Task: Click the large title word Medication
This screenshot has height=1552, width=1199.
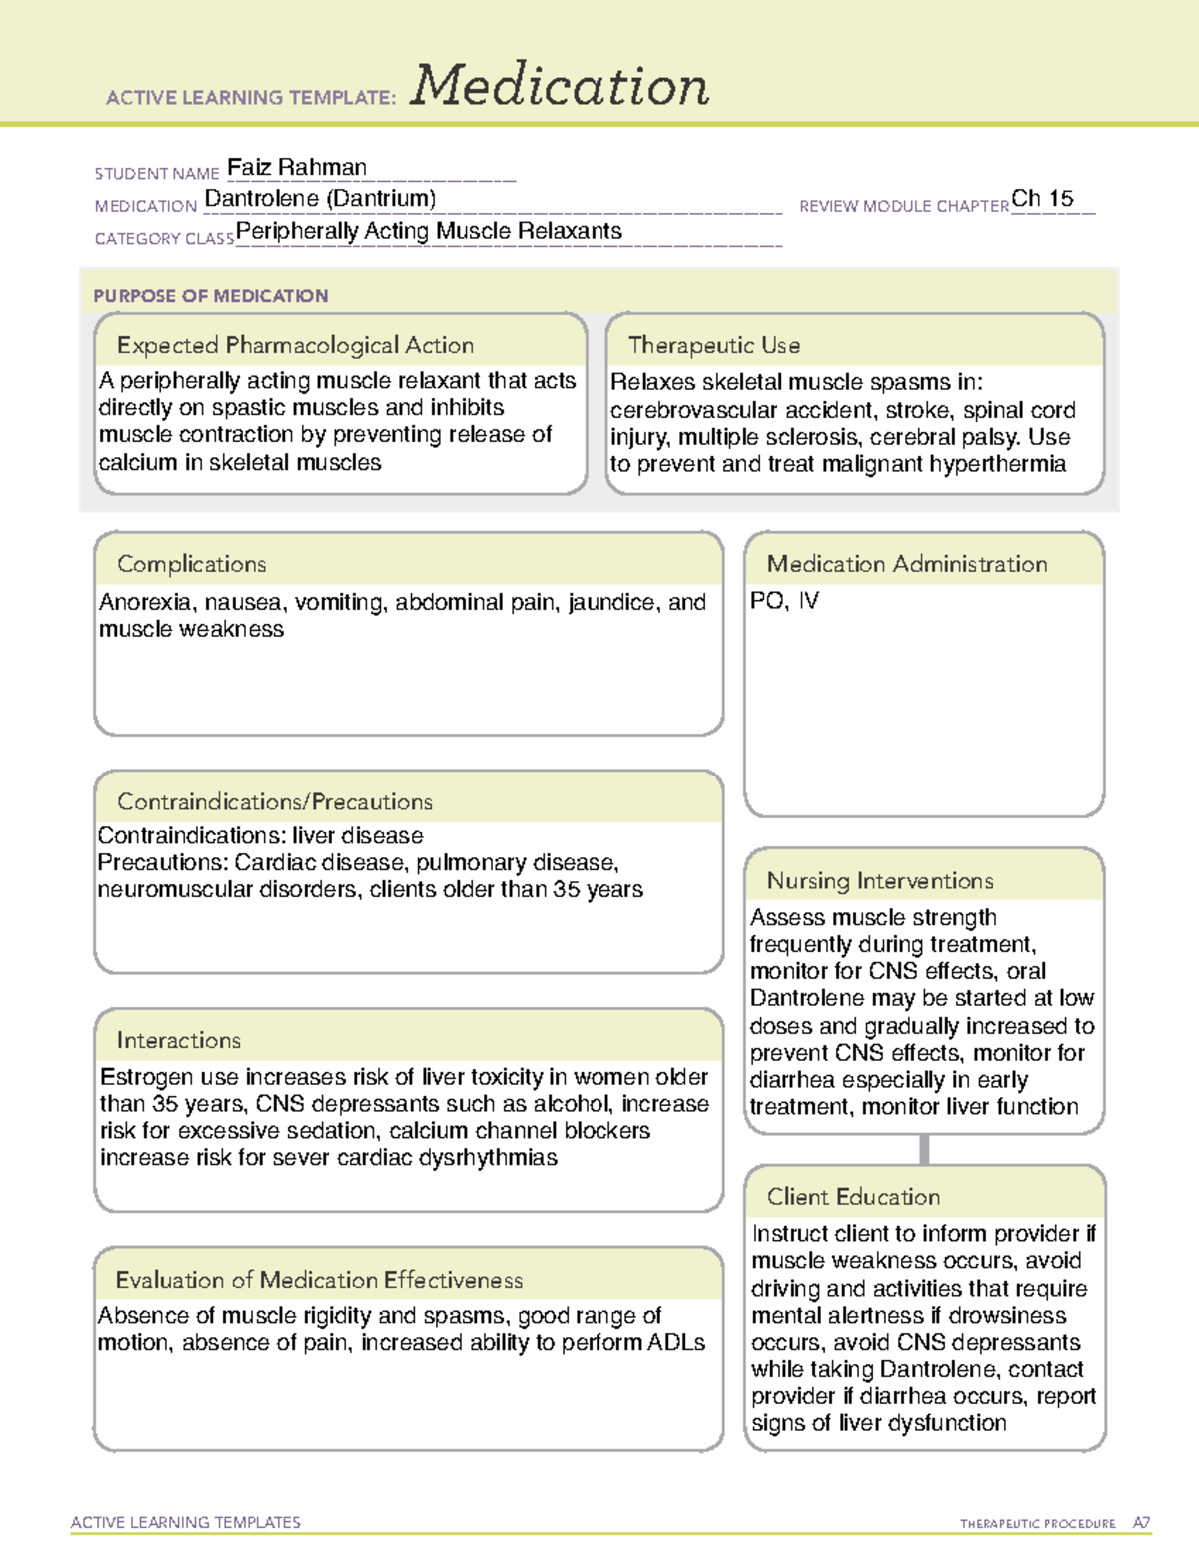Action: [560, 86]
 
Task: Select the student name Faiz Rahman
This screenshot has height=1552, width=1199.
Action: [297, 167]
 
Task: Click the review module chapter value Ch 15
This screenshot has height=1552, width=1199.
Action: [1042, 198]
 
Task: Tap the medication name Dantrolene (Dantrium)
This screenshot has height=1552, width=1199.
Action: [320, 199]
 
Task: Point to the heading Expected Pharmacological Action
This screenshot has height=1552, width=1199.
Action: [295, 345]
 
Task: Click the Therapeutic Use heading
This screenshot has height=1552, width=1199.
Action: [713, 345]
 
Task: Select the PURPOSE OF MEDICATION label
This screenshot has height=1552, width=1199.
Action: [210, 296]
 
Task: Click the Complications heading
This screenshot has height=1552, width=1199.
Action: [191, 564]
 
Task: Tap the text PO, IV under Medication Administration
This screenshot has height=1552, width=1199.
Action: [784, 601]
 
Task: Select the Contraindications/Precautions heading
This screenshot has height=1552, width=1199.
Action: [274, 801]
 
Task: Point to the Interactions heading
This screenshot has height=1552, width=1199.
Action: [178, 1040]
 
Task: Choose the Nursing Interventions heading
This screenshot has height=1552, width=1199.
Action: [879, 880]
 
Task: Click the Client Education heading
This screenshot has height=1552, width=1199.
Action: [853, 1196]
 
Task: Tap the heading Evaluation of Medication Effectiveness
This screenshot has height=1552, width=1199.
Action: [319, 1280]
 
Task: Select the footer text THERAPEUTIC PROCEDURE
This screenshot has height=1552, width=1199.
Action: [1037, 1524]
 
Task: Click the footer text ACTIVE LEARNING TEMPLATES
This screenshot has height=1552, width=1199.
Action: [186, 1522]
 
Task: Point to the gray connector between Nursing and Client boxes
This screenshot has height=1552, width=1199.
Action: [924, 1149]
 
